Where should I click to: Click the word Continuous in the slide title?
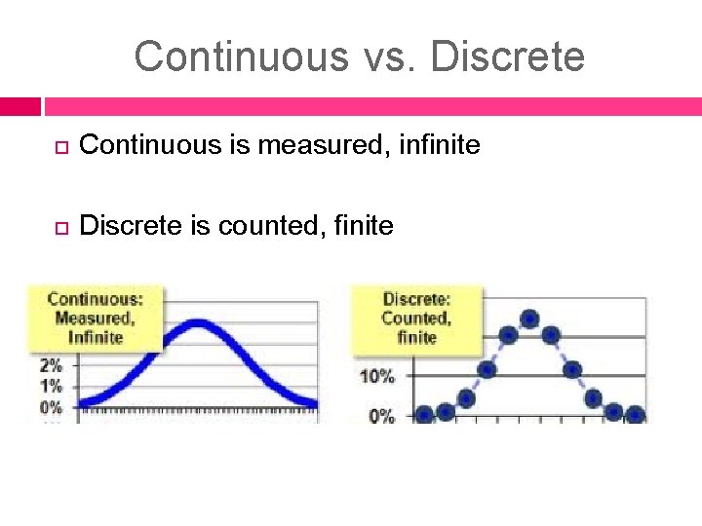pyautogui.click(x=240, y=56)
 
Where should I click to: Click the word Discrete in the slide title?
pyautogui.click(x=507, y=56)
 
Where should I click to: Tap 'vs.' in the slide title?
pyautogui.click(x=388, y=56)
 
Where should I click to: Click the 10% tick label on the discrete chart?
pyautogui.click(x=377, y=376)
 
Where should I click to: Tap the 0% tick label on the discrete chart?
pyautogui.click(x=381, y=416)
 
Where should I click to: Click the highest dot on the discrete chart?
pyautogui.click(x=529, y=318)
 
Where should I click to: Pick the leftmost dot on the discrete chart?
pyautogui.click(x=424, y=414)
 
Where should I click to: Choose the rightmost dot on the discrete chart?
pyautogui.click(x=635, y=414)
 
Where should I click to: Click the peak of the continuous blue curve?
pyautogui.click(x=198, y=324)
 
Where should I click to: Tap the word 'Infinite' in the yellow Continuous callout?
pyautogui.click(x=96, y=337)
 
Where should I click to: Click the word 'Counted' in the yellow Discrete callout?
pyautogui.click(x=416, y=318)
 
